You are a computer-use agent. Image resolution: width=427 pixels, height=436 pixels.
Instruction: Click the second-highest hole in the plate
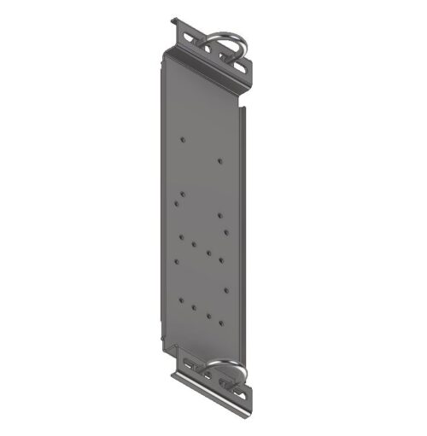[220, 160]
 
